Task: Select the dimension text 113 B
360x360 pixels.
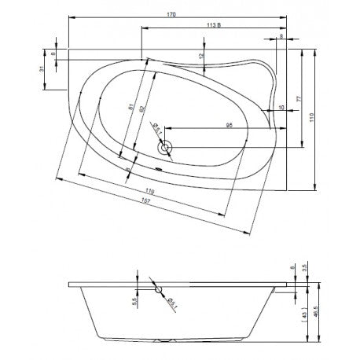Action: coord(213,26)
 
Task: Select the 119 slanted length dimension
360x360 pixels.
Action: coord(149,191)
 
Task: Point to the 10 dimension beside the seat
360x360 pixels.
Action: coord(281,108)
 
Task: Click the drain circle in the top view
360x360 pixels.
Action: coord(165,146)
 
